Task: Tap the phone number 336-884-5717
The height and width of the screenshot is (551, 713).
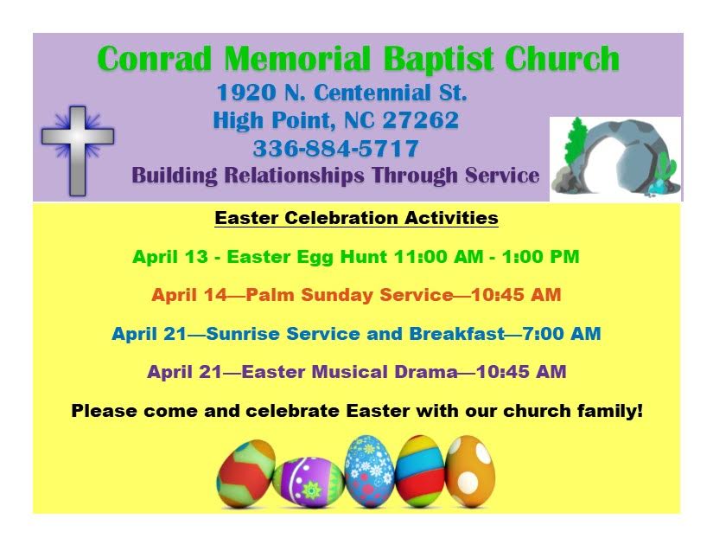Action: pos(335,148)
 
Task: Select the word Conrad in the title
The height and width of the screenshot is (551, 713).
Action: pos(155,59)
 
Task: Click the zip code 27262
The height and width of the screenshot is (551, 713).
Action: pos(421,120)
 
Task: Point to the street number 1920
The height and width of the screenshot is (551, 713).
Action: pos(246,93)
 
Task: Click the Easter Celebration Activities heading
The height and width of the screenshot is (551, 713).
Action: pos(356,217)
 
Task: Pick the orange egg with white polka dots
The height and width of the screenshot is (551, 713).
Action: pos(469,471)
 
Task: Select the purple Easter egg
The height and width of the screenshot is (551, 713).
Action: pos(309,482)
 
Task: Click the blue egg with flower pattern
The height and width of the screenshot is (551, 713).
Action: pos(369,471)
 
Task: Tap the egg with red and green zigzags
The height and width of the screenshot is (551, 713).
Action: pos(246,473)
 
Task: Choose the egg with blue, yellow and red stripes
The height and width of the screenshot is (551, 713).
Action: pos(420,471)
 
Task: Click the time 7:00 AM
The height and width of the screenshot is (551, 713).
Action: pos(562,334)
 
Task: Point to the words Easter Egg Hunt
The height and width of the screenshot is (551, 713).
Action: pos(307,257)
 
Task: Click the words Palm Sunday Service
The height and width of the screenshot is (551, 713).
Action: pos(349,295)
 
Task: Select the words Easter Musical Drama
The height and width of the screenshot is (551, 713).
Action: pos(349,372)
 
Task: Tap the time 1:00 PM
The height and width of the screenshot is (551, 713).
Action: pos(541,257)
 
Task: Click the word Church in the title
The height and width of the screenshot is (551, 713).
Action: pos(562,59)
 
